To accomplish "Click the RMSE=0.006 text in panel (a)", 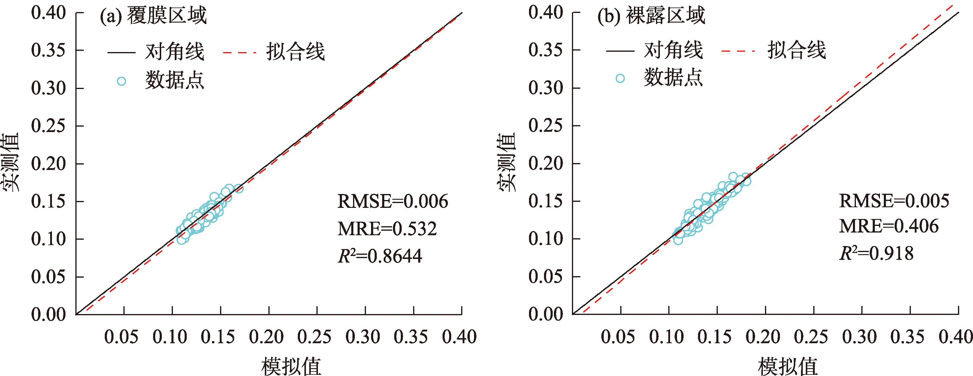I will tap(392, 201).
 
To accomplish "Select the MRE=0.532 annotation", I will tap(387, 229).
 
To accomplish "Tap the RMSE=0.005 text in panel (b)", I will tap(894, 201).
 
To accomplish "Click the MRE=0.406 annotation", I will tap(889, 226).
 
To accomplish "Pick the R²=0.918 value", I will tap(876, 254).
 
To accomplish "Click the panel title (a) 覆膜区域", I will tap(153, 16).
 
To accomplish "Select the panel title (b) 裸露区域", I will tap(651, 16).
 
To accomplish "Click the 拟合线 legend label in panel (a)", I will tap(295, 51).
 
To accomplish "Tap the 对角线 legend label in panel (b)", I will tap(673, 50).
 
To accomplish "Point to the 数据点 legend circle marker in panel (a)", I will tap(121, 81).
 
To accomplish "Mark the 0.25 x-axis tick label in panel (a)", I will tap(314, 337).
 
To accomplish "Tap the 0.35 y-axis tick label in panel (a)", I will tap(48, 50).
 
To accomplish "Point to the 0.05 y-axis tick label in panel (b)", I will tap(545, 276).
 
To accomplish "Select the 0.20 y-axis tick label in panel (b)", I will tap(545, 163).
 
